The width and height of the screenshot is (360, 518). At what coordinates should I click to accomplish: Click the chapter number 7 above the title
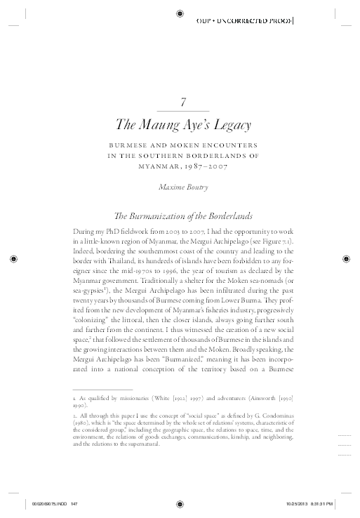point(182,102)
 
